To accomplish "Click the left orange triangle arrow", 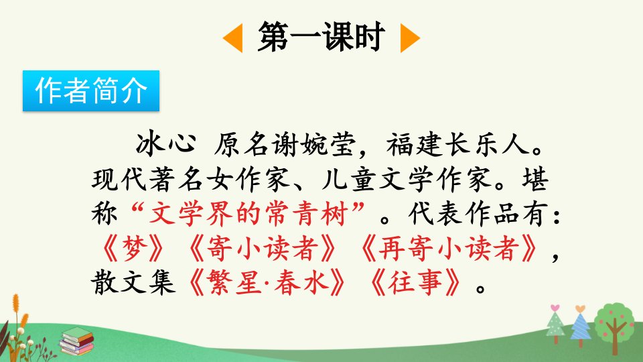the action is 234,38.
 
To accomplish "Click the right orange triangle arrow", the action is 409,38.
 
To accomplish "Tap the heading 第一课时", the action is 321,37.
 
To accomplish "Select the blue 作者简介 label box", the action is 91,90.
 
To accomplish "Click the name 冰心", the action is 166,144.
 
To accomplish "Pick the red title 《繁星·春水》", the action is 267,283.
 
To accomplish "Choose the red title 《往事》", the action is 415,283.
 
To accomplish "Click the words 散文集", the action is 133,283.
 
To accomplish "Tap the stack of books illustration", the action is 77,341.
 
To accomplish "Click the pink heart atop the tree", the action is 555,308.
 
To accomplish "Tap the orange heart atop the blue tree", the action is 580,308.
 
